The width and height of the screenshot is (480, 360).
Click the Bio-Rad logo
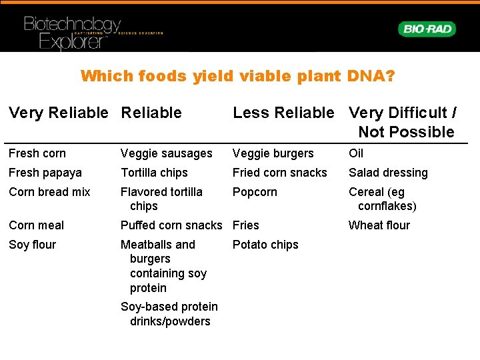point(427,29)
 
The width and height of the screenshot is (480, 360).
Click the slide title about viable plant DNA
point(238,76)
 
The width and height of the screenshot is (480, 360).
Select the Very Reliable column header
point(58,113)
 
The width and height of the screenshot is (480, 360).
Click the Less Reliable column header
point(283,113)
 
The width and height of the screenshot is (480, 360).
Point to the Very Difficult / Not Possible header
point(403,122)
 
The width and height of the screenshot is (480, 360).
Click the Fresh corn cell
point(37,153)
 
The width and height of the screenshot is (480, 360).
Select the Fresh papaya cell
point(45,173)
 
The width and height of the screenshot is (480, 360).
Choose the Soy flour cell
point(33,245)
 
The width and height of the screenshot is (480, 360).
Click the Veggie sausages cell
point(167,153)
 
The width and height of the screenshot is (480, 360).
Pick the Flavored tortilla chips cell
point(161,199)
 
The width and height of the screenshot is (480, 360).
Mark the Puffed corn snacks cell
point(171,225)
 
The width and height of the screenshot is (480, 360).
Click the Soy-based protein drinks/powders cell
point(169,314)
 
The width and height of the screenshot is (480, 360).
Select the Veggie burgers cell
point(273,153)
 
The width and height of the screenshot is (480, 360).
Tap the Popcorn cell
point(255,192)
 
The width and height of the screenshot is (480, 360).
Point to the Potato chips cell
point(265,245)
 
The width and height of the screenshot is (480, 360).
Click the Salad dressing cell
point(389,173)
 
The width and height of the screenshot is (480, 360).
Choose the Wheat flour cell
point(379,225)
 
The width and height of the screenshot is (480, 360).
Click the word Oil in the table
point(357,153)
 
